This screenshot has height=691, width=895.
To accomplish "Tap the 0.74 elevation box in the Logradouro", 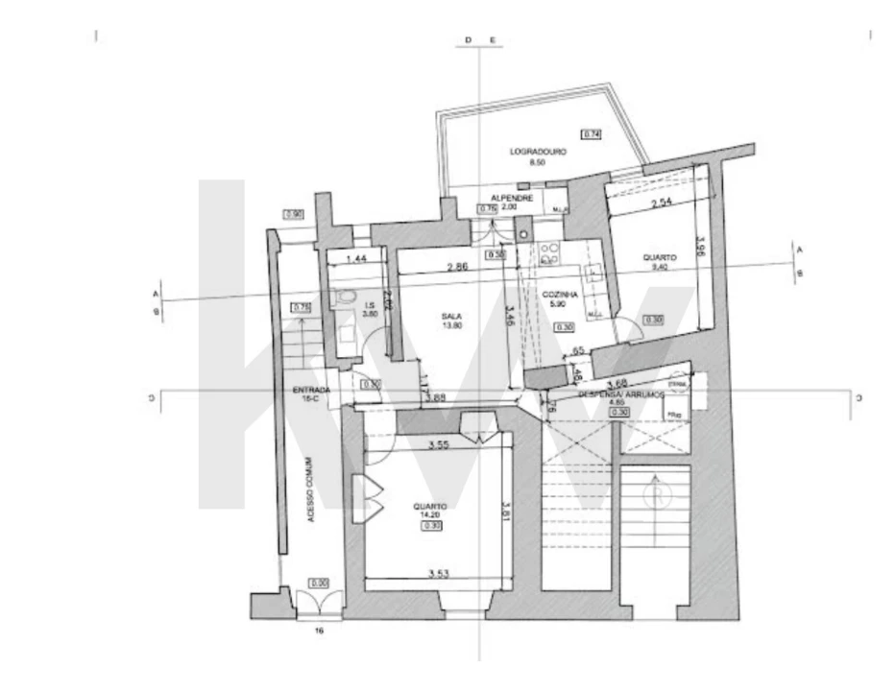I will point(592,134).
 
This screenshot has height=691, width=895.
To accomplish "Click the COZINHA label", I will point(558,295).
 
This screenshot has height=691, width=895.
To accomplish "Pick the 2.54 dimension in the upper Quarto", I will point(659,204).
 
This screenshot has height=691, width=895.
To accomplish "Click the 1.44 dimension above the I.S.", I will point(356,259).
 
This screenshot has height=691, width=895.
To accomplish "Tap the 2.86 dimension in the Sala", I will point(456,267).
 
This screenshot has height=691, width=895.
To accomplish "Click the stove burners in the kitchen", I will point(550,252).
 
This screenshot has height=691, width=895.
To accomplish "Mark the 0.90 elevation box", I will point(294,214).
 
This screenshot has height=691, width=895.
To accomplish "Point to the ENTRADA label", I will point(312,390).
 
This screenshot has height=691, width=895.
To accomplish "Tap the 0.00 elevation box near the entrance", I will point(319,583).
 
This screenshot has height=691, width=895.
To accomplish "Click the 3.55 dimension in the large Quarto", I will point(440,445).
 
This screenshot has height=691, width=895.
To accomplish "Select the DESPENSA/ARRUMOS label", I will point(617,394).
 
